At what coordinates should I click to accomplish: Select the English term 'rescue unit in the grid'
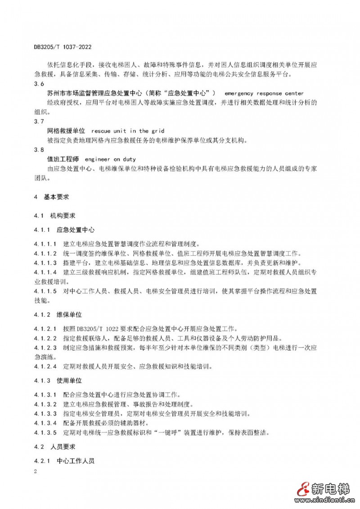(x=127, y=131)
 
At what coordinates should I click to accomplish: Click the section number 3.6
(x=39, y=84)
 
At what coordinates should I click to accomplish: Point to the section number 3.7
(x=39, y=122)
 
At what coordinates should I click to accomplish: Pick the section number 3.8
(x=39, y=150)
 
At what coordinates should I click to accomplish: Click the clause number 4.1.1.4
(x=45, y=273)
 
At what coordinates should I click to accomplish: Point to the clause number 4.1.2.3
(x=45, y=347)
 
